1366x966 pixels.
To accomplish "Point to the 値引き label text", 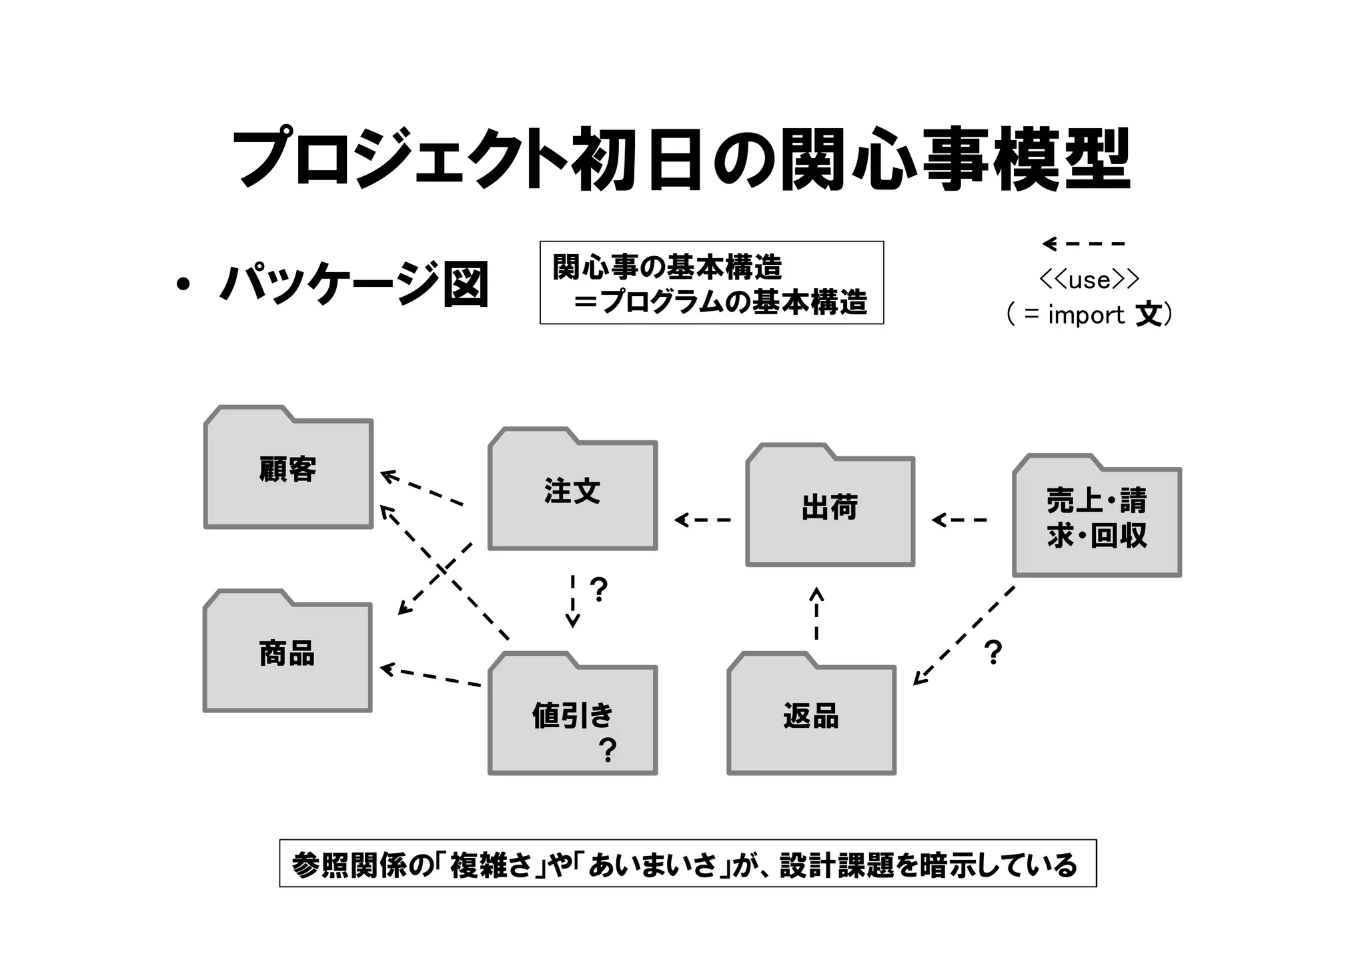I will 572,715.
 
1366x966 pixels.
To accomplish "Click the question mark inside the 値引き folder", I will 608,751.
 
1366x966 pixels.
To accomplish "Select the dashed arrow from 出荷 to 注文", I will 702,520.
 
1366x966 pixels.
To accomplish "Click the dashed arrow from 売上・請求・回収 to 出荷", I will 959,520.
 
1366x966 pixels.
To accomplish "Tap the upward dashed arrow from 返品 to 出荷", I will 816,614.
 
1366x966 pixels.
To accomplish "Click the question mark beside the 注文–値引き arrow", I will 599,590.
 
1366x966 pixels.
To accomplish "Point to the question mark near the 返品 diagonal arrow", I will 993,652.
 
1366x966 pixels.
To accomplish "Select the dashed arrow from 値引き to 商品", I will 430,676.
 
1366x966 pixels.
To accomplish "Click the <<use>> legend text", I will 1089,280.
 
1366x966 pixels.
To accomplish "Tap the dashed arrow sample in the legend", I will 1084,244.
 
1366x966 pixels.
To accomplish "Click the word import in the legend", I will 1086,315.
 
